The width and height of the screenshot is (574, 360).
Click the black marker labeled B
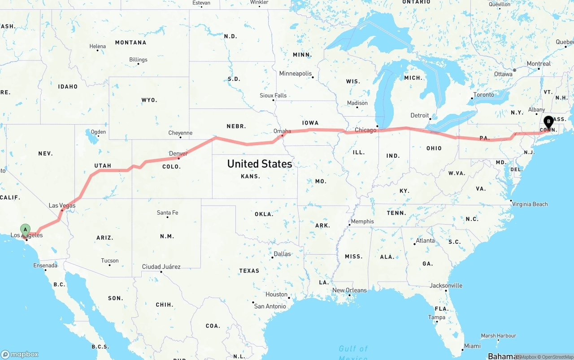coord(548,121)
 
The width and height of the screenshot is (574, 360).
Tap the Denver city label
coord(178,154)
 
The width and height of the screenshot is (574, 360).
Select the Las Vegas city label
coord(62,205)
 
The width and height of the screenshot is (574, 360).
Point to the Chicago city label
coord(365,130)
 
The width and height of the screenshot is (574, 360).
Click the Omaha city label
coord(282,131)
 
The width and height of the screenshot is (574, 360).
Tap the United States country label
coord(260,164)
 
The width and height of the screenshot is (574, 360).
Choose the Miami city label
coord(472,346)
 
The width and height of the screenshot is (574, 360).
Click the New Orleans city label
coord(349,290)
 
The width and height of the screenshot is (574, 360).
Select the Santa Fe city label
coord(167,213)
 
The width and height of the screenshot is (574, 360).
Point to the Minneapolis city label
coord(295,74)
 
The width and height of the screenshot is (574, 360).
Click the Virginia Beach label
coord(530,204)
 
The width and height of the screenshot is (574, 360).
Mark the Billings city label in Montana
coord(138,60)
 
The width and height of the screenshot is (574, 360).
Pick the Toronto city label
coord(483,95)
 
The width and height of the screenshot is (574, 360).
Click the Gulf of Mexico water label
coord(353,352)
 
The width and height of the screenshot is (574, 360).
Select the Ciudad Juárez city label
coord(161,267)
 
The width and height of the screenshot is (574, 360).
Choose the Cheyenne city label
coord(180,133)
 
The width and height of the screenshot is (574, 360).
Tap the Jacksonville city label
coord(446,286)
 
